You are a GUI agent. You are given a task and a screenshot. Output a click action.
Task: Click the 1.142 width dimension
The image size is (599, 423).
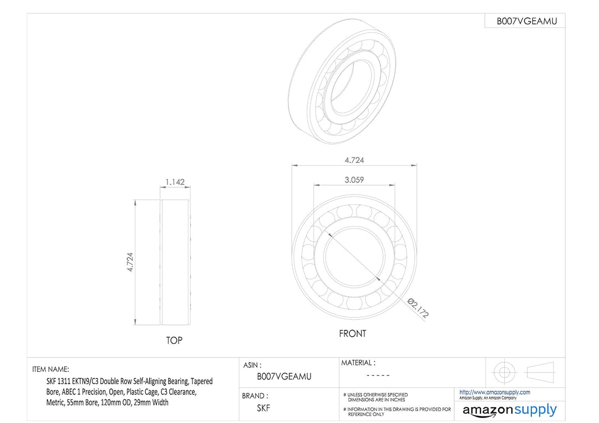175,182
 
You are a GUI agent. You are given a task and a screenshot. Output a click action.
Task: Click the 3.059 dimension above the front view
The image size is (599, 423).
354,180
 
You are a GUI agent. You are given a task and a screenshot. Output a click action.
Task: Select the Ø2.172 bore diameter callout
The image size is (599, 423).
418,308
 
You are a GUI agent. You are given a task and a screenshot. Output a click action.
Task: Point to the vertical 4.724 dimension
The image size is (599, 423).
130,262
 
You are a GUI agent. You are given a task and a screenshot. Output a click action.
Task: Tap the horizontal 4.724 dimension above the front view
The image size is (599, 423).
354,160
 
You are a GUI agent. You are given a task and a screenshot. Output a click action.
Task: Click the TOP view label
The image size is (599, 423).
174,340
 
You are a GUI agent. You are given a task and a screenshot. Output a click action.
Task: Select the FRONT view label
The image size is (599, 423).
353,334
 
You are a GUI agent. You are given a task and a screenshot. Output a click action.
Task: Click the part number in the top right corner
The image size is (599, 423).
527,22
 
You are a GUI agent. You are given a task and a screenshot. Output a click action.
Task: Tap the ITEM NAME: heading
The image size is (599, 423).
51,369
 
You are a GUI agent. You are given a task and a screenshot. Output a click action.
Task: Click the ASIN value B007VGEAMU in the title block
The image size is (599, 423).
284,376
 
